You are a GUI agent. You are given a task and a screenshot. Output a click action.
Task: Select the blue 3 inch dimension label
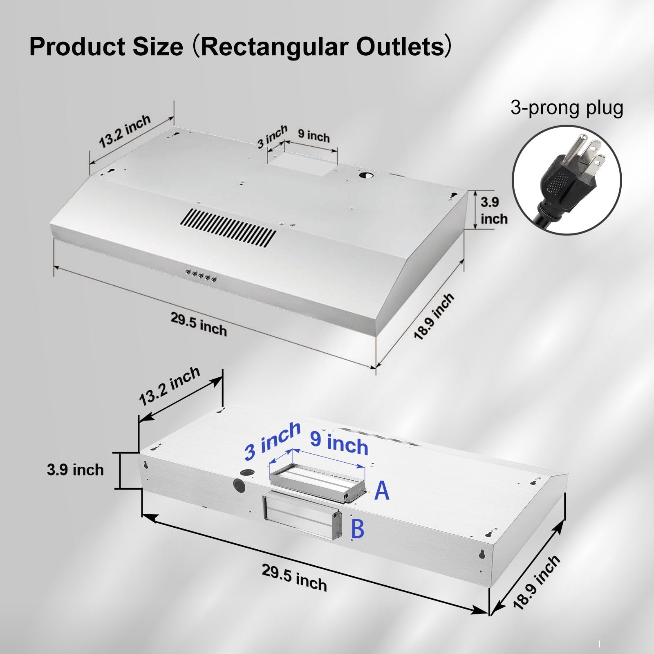(273, 441)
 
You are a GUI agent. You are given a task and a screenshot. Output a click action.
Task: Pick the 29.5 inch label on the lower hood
(294, 578)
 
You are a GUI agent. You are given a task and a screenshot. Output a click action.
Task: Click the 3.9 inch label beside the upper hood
(494, 211)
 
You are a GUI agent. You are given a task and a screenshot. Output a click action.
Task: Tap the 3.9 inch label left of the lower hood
(75, 470)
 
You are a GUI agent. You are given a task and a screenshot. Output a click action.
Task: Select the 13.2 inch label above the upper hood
(125, 131)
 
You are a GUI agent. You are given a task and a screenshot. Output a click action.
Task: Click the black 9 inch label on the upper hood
(314, 136)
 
